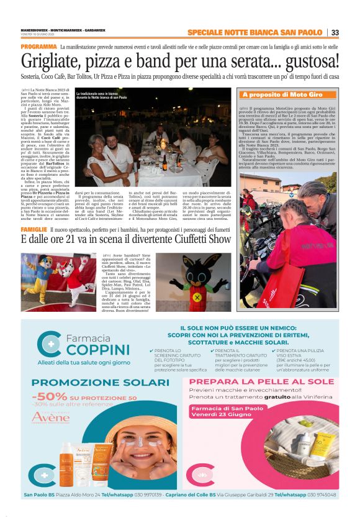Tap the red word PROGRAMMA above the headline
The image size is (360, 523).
[x=38, y=47]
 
